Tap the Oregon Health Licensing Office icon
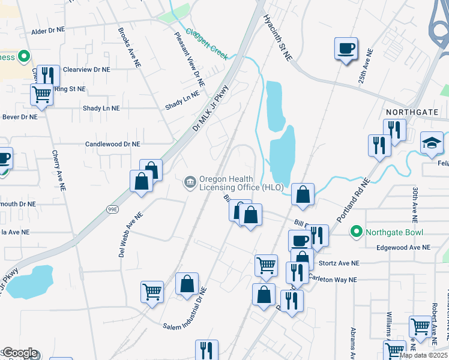tap(190, 181)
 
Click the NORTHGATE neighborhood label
tap(414, 112)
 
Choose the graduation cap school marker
tap(432, 143)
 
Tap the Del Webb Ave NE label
tap(130, 234)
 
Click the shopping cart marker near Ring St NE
tap(41, 94)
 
